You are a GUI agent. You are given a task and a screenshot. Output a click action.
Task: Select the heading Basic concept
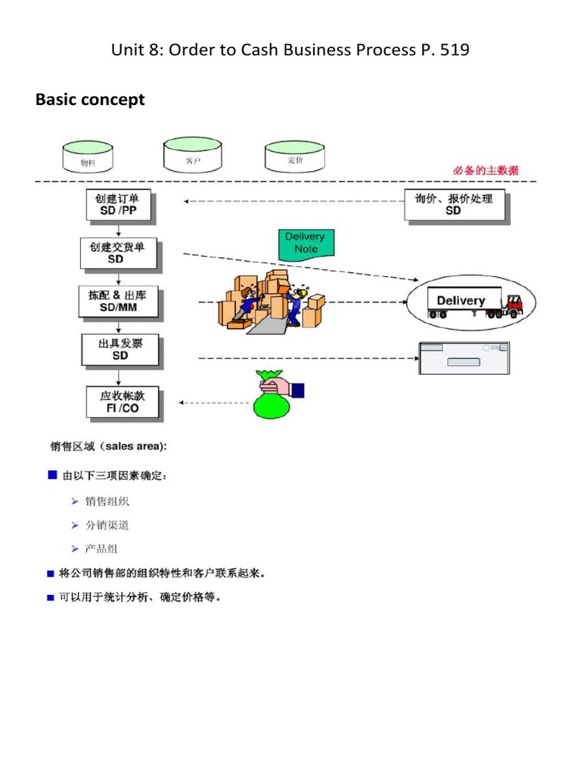pos(90,100)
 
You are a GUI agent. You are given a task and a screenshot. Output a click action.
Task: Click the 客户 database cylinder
pos(193,155)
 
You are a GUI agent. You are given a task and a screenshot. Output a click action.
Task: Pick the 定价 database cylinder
pos(294,157)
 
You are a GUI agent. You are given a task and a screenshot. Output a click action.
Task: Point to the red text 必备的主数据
pos(486,171)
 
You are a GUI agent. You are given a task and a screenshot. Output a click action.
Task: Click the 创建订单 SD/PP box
pos(119,205)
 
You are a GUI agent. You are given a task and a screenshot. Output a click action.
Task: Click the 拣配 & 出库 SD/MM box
pos(117,300)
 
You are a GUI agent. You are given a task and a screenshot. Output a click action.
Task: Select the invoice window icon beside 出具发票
pos(464,358)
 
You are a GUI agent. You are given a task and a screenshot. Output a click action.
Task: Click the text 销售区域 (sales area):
pos(109,447)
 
